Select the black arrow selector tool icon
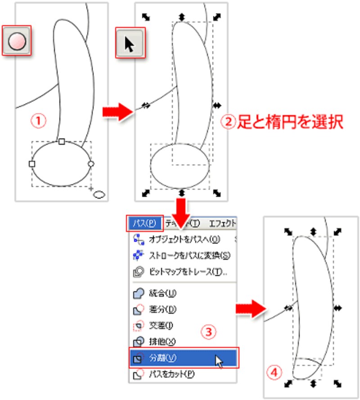(130, 44)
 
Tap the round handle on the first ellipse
(91, 164)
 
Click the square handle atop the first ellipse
(62, 142)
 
